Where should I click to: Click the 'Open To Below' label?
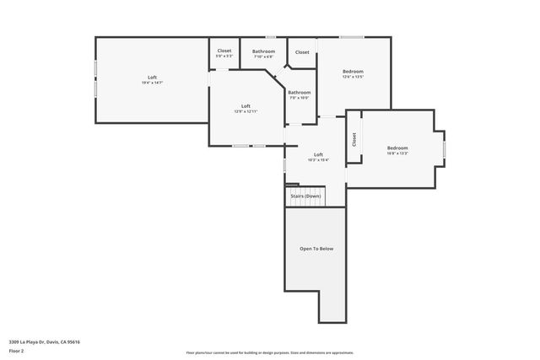tap(316, 249)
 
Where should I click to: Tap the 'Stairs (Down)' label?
tap(305, 196)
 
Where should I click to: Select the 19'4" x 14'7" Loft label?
tap(152, 80)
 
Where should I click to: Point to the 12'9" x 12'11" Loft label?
tap(246, 109)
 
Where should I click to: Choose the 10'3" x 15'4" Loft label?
tap(318, 157)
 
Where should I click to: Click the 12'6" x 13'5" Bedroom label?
tap(353, 74)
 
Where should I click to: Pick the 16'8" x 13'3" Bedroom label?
tap(397, 151)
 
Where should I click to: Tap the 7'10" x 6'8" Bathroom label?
tap(263, 54)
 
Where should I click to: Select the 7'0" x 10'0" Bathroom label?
tap(299, 94)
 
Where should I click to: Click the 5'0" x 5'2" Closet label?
tap(224, 53)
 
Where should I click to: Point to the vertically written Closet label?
tap(354, 140)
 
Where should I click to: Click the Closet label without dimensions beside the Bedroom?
tap(302, 52)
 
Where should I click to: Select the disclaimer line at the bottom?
tap(269, 352)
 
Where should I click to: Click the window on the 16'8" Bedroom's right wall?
tap(444, 149)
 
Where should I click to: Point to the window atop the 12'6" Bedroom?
tap(352, 37)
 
